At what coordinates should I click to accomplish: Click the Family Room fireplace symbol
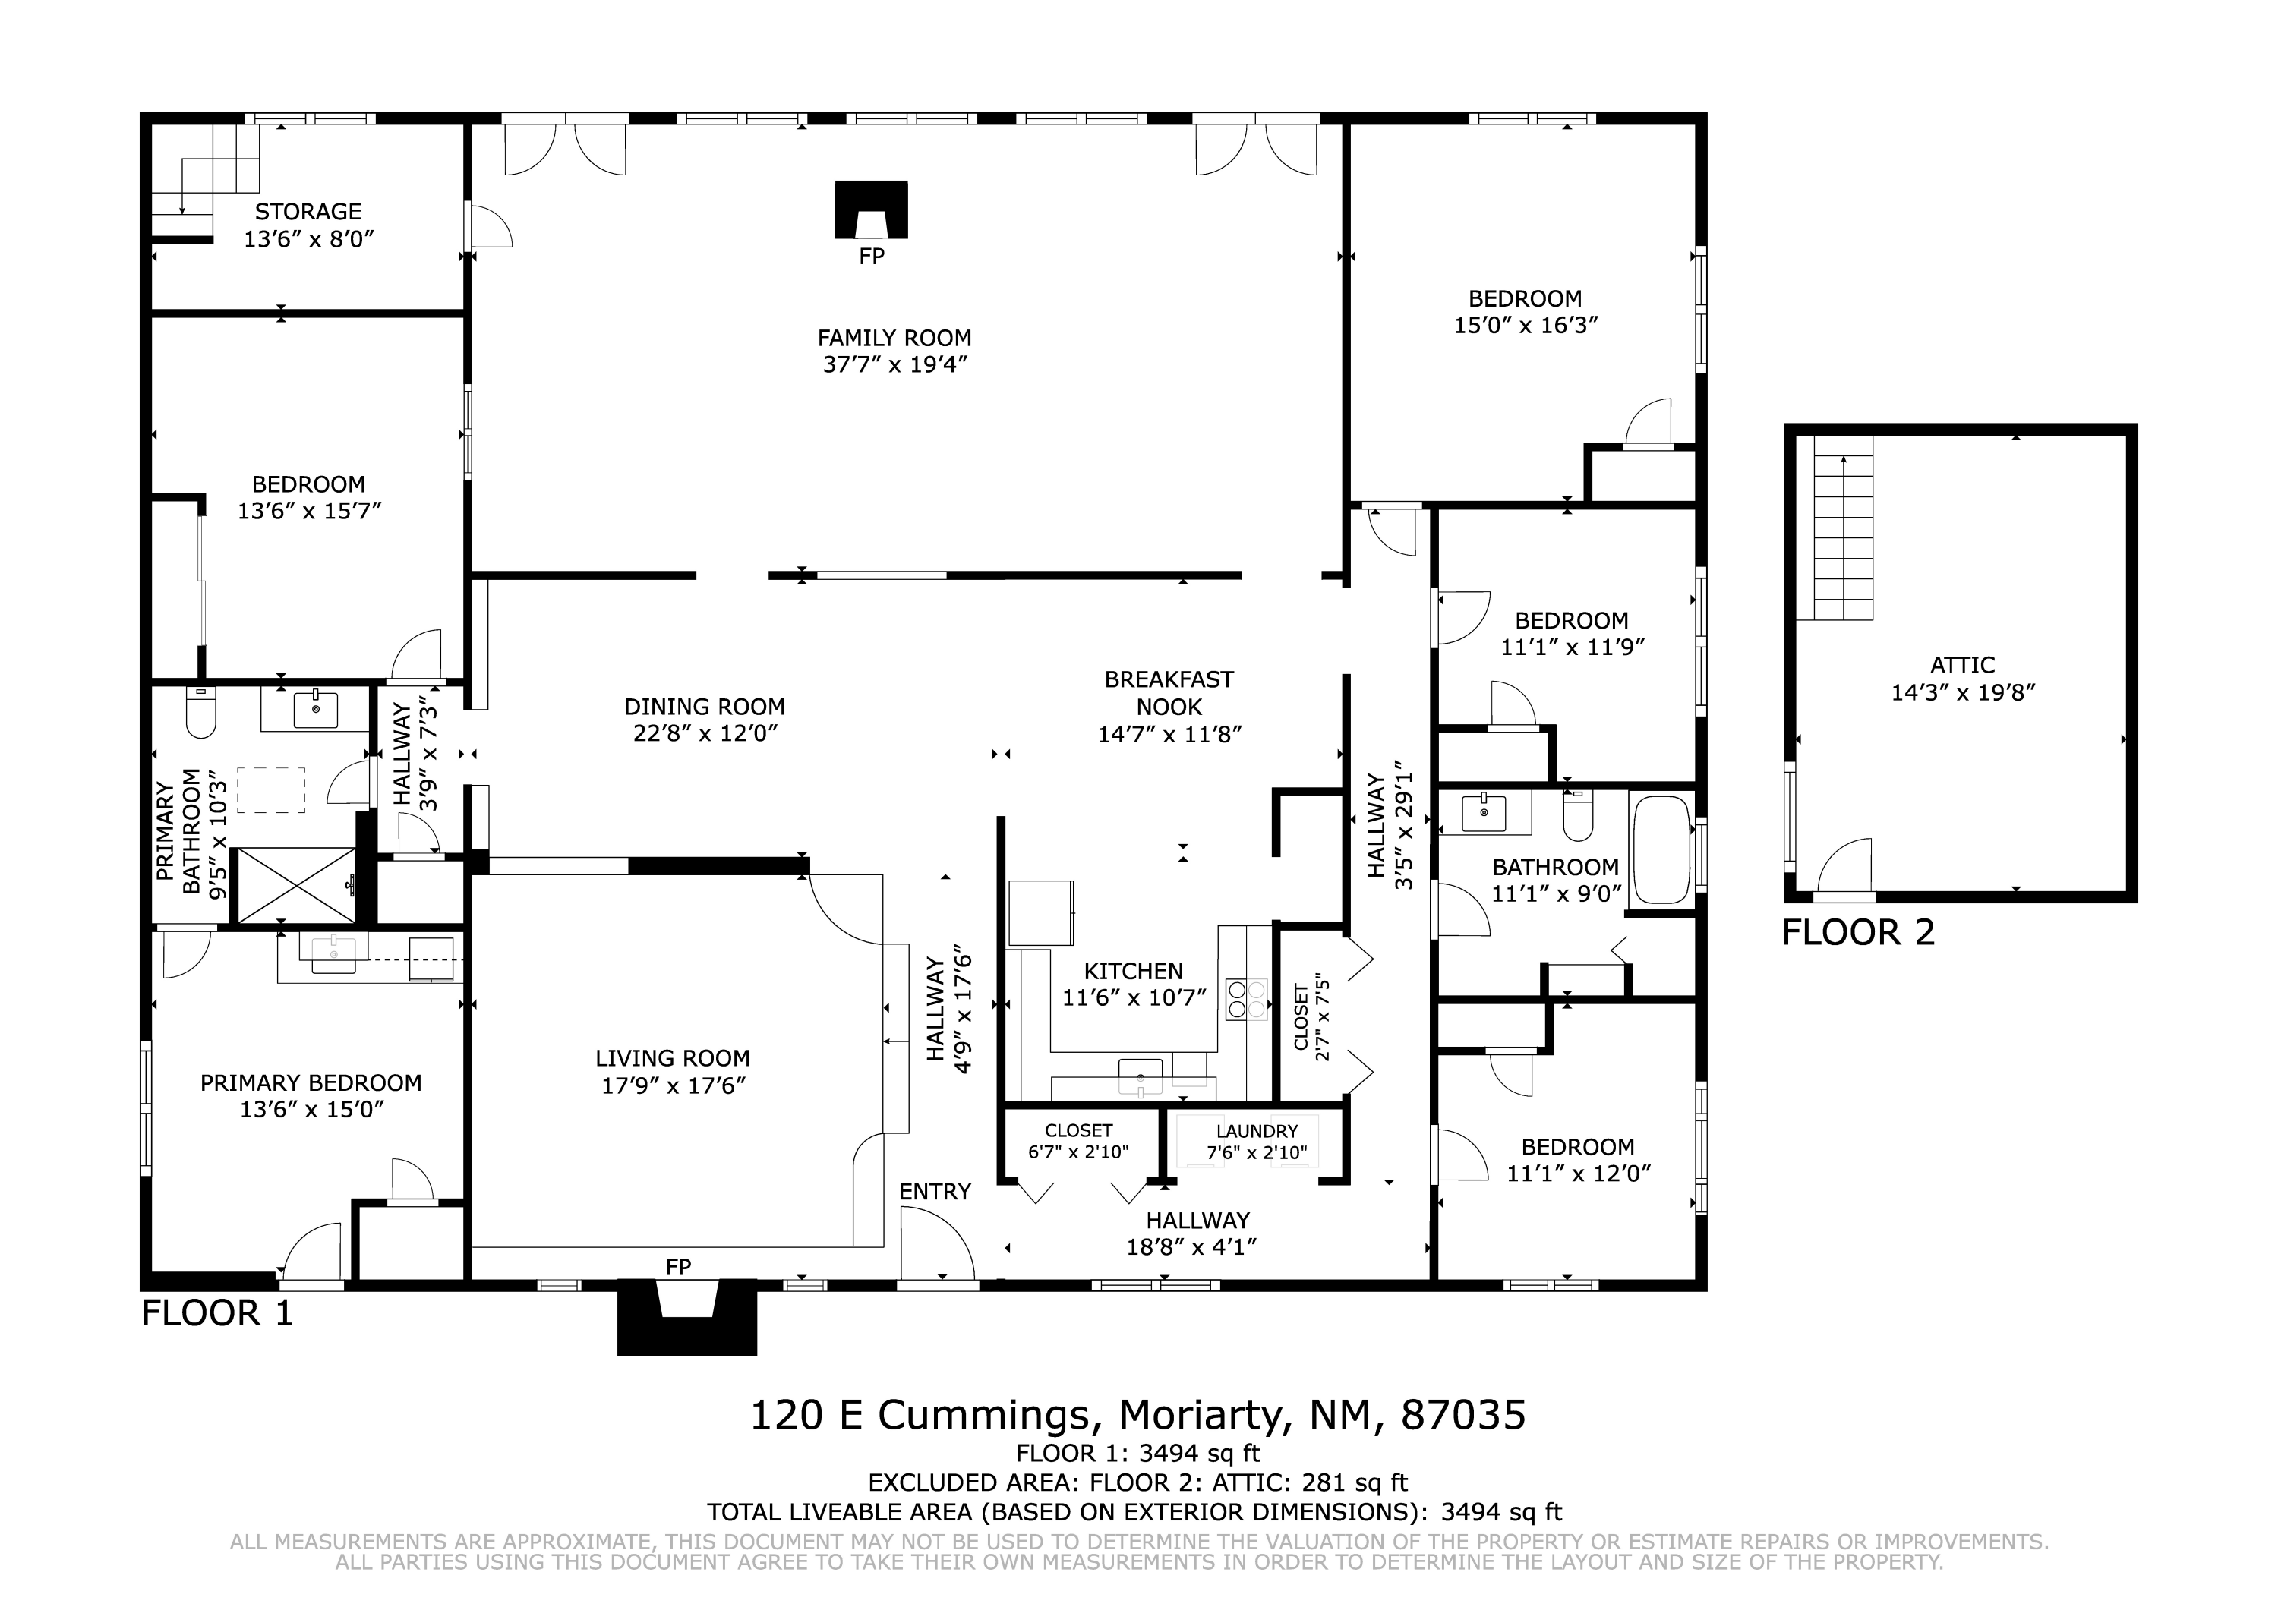[871, 210]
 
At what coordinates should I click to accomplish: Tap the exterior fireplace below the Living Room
[686, 1317]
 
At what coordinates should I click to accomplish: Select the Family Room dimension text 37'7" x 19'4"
[895, 365]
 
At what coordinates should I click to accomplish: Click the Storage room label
[308, 211]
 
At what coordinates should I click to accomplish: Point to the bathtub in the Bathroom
[1661, 849]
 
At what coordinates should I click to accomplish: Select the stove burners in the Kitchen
[1247, 999]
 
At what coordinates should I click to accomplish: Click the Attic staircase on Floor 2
[1844, 528]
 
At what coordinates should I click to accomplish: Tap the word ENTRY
[935, 1192]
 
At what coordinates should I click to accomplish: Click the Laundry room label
[1257, 1131]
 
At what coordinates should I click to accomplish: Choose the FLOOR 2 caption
[1858, 932]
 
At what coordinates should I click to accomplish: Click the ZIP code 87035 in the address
[1462, 1415]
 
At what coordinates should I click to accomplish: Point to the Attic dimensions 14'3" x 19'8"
[1962, 692]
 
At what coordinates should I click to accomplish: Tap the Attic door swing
[1844, 867]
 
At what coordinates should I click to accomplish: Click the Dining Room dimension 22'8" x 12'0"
[705, 734]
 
